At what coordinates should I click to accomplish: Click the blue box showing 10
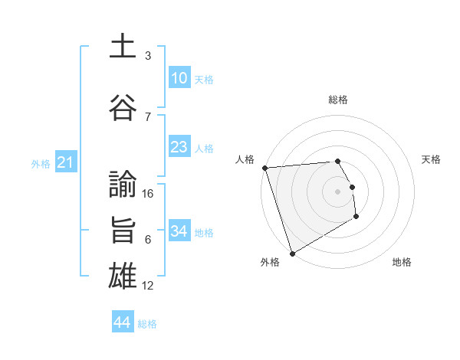click(179, 78)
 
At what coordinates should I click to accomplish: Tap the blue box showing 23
click(179, 147)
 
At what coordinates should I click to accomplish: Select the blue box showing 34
click(179, 231)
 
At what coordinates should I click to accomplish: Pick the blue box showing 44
click(123, 322)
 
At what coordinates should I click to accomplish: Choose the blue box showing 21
click(65, 162)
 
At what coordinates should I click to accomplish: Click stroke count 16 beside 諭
click(149, 194)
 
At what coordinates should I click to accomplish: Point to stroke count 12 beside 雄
click(149, 286)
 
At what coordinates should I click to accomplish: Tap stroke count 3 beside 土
click(148, 56)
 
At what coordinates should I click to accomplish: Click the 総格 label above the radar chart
click(337, 100)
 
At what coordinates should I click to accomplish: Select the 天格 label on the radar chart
click(432, 159)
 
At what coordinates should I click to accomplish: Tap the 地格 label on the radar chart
click(402, 262)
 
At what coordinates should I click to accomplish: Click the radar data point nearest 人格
click(264, 168)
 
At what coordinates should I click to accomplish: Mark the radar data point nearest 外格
click(291, 253)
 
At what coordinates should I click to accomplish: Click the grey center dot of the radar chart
click(337, 191)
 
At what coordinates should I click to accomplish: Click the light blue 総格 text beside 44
click(147, 324)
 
